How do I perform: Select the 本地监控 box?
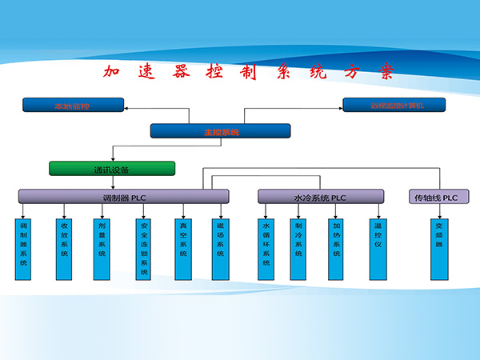tap(73, 104)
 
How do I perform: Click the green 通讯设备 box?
tap(112, 169)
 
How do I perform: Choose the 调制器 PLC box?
tap(124, 196)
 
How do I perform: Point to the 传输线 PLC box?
tap(438, 196)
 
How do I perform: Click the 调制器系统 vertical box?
tap(24, 249)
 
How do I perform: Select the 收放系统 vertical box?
tap(63, 249)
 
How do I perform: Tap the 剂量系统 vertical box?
tap(102, 249)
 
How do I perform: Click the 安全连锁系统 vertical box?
tap(144, 249)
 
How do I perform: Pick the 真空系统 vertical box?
tap(183, 249)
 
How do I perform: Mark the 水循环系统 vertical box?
tap(266, 249)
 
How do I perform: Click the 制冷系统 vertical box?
tap(298, 249)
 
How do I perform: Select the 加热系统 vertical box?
tap(337, 249)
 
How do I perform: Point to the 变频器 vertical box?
tap(438, 249)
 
